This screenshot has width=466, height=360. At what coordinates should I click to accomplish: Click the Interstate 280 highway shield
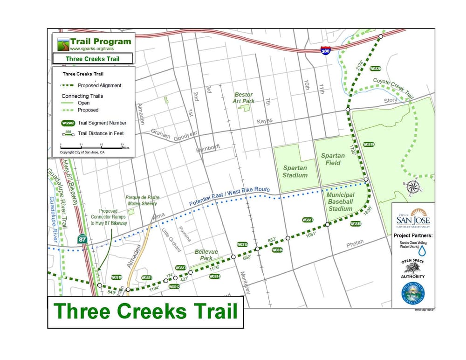coord(326,50)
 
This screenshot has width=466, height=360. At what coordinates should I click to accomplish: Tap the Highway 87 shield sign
coord(82,239)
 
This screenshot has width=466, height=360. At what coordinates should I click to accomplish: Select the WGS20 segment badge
coord(376,69)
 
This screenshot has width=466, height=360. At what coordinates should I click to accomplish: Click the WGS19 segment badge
coord(369,145)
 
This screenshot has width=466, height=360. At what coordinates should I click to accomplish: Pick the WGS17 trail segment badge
coord(308,220)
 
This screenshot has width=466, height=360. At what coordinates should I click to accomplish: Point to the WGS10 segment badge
coord(116,277)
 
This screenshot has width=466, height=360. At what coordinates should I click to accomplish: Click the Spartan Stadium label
coord(295,171)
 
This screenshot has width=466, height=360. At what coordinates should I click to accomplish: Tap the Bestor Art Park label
coord(244,98)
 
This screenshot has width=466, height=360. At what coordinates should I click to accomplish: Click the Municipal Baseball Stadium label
coord(340,201)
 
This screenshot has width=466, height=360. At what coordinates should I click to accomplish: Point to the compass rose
coord(412,187)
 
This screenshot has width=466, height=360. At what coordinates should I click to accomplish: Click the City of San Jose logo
coord(412,216)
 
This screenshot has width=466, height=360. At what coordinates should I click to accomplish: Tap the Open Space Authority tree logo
coord(412,268)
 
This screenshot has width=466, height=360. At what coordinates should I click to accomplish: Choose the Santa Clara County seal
coord(413,293)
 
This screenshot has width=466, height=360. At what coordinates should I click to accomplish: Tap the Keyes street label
coord(264,121)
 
